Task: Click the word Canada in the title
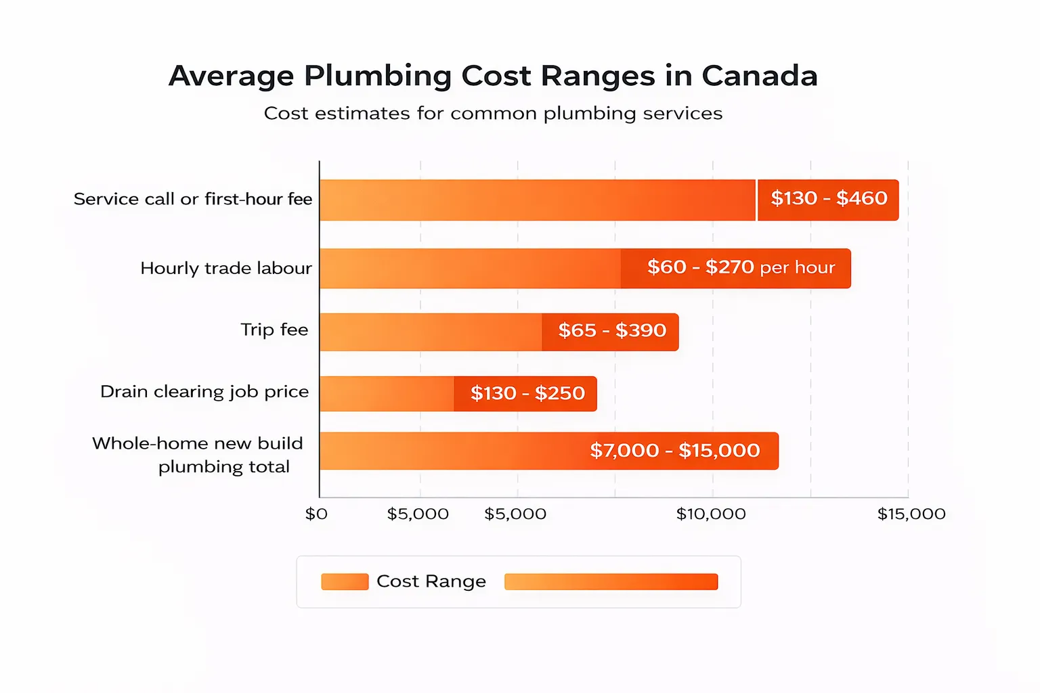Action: pyautogui.click(x=760, y=76)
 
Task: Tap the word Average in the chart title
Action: pyautogui.click(x=231, y=76)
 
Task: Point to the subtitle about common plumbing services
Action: pyautogui.click(x=493, y=113)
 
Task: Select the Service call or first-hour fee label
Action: pyautogui.click(x=193, y=199)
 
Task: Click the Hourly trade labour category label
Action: pyautogui.click(x=226, y=268)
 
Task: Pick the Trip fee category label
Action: pyautogui.click(x=274, y=330)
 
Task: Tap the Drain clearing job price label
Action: pyautogui.click(x=204, y=392)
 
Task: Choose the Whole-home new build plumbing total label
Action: pyautogui.click(x=198, y=455)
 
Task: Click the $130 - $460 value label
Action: pyautogui.click(x=829, y=198)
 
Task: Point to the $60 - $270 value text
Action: pyautogui.click(x=700, y=267)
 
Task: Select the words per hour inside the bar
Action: pyautogui.click(x=798, y=268)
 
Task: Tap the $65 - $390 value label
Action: pyautogui.click(x=612, y=330)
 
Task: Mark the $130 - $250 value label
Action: pyautogui.click(x=527, y=393)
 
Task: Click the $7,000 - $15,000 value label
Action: pyautogui.click(x=675, y=451)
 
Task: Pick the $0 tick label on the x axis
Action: pyautogui.click(x=316, y=514)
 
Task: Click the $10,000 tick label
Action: pyautogui.click(x=711, y=514)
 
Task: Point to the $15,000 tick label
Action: pyautogui.click(x=911, y=514)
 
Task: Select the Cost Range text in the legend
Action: pyautogui.click(x=431, y=581)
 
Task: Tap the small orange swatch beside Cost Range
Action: pyautogui.click(x=345, y=582)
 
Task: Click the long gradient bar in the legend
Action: pyautogui.click(x=611, y=582)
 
